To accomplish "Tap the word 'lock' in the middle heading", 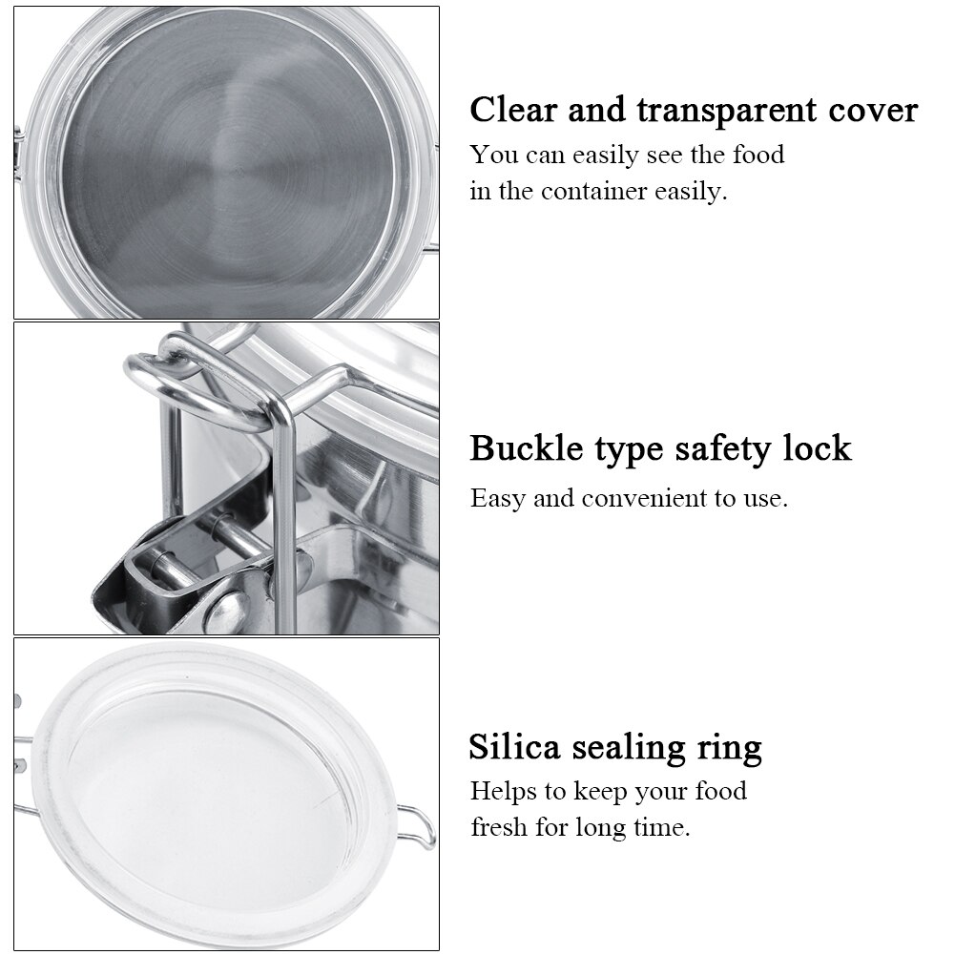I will click(x=811, y=447).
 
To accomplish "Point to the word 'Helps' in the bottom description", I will click(x=506, y=791).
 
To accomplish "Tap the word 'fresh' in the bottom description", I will click(x=498, y=826).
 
